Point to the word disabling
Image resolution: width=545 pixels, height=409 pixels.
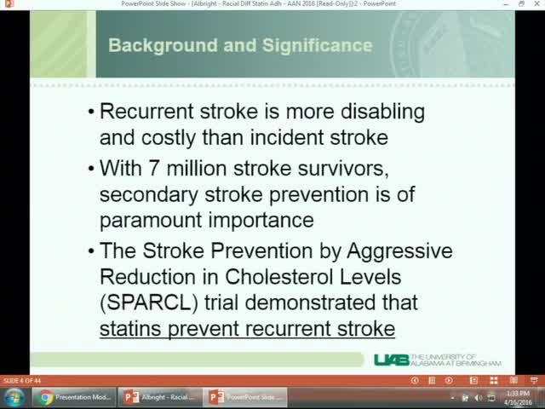pos(379,112)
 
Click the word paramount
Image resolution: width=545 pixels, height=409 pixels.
pos(151,219)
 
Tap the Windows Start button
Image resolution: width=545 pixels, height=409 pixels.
pos(14,397)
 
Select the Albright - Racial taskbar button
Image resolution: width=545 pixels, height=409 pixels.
pos(160,397)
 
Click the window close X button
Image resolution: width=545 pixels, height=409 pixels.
pos(536,4)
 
